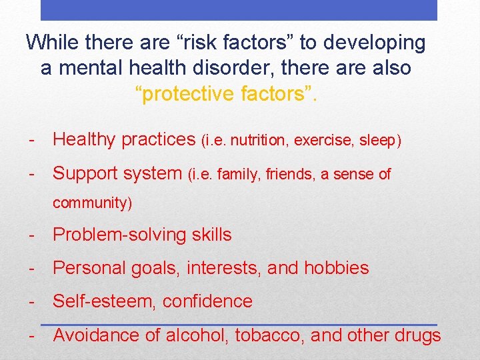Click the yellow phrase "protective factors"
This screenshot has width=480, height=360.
[x=227, y=94]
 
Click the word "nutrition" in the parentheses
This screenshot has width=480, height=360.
[x=262, y=140]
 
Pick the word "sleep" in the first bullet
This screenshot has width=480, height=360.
[x=379, y=140]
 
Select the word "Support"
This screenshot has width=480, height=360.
[x=85, y=174]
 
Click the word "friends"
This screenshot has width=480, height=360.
[x=291, y=175]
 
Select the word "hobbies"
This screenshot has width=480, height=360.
[x=337, y=268]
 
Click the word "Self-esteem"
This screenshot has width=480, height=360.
[x=103, y=301]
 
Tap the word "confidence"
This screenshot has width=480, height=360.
[x=207, y=301]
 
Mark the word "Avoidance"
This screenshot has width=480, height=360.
[x=96, y=335]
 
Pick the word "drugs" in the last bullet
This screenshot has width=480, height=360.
[x=418, y=335]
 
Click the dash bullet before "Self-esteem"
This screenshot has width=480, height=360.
[x=31, y=301]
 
